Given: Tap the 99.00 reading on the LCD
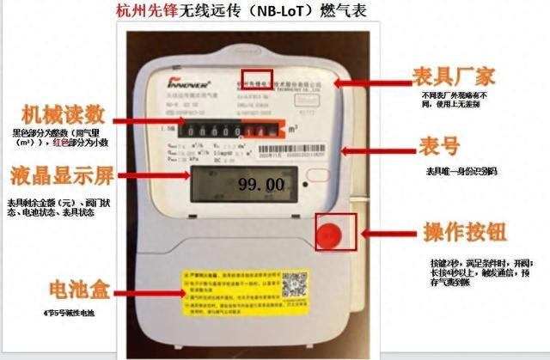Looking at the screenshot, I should click(260, 185).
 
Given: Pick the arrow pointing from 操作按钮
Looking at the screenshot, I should click(385, 233).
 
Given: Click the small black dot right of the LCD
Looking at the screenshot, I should click(304, 183).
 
